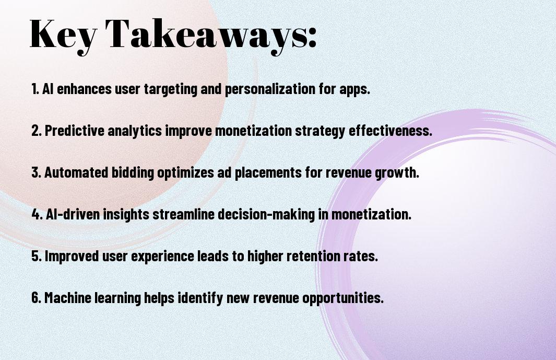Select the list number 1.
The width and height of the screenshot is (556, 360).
(x=35, y=89)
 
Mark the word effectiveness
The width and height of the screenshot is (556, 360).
(x=391, y=131)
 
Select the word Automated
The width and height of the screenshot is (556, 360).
(x=76, y=172)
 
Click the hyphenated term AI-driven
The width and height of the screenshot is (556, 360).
(x=73, y=214)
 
